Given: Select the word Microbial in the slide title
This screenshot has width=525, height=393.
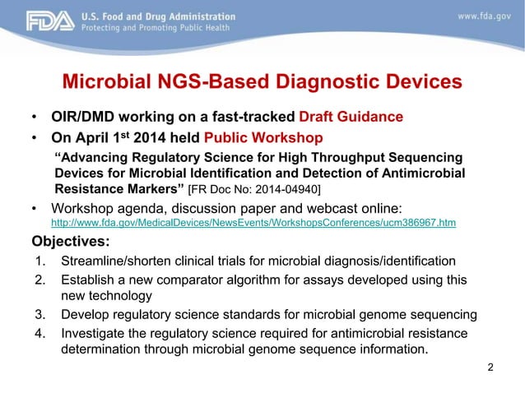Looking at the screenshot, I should [x=105, y=83].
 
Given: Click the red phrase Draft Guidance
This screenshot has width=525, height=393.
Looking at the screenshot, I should [x=358, y=116].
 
